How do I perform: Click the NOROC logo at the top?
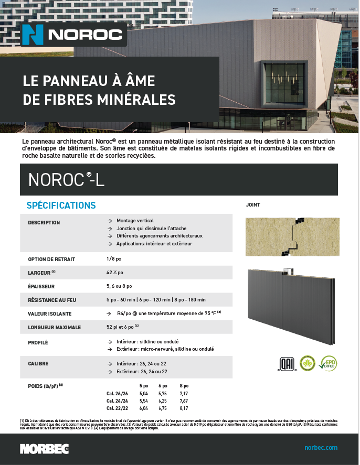tap(74, 35)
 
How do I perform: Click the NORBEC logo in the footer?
tap(44, 449)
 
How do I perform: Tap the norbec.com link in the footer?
tap(321, 448)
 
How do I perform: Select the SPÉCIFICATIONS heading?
tap(61, 205)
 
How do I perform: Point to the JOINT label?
tap(253, 205)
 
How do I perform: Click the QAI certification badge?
tap(286, 363)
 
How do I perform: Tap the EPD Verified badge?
tap(327, 363)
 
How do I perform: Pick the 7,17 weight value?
tap(184, 393)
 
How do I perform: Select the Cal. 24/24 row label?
tap(117, 400)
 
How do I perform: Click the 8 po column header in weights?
tap(184, 385)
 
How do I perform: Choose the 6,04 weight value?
tap(143, 408)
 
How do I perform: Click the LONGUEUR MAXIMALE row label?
tap(54, 327)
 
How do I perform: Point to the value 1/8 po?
tap(114, 259)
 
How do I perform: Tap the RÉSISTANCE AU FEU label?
tap(52, 300)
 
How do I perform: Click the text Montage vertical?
tap(135, 221)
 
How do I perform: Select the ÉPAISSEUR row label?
tap(41, 286)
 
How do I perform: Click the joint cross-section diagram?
tap(292, 236)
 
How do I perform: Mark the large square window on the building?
tap(283, 82)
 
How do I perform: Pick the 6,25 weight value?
tap(163, 400)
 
